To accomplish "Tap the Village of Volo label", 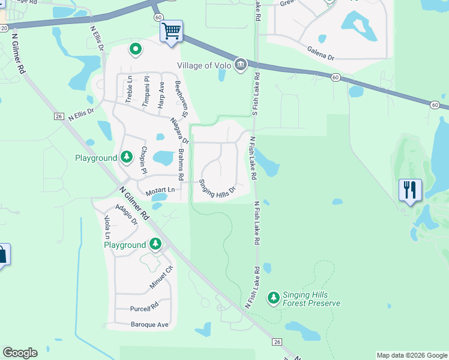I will [204, 65].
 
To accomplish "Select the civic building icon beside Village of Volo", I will [241, 64].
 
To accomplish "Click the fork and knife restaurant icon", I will [410, 190].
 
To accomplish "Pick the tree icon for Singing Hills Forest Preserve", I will [274, 298].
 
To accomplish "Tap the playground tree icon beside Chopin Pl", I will [126, 157].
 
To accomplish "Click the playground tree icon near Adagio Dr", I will [155, 244].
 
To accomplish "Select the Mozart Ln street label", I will [159, 190].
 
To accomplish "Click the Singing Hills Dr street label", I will [217, 188].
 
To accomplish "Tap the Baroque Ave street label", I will [149, 325].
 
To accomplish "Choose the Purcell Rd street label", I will [143, 309].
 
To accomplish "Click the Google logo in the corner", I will [20, 353].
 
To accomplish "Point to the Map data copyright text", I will [412, 355].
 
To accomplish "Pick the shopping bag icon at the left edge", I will [2, 254].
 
